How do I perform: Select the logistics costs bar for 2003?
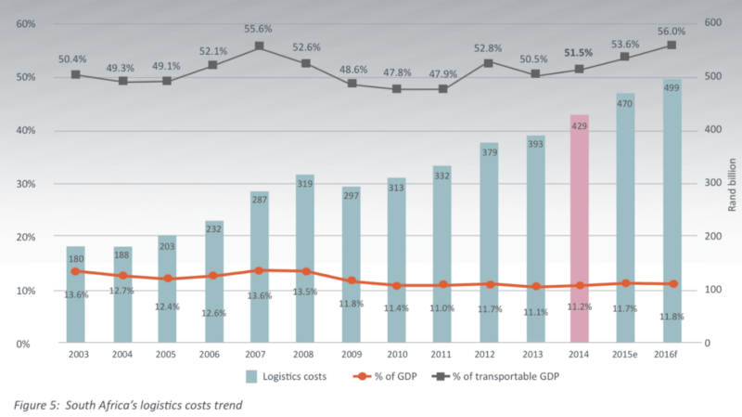[75, 297]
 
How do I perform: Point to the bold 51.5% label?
[579, 54]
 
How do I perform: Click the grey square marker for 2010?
[397, 89]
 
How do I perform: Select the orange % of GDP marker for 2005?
[167, 279]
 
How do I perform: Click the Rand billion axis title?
[732, 185]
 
